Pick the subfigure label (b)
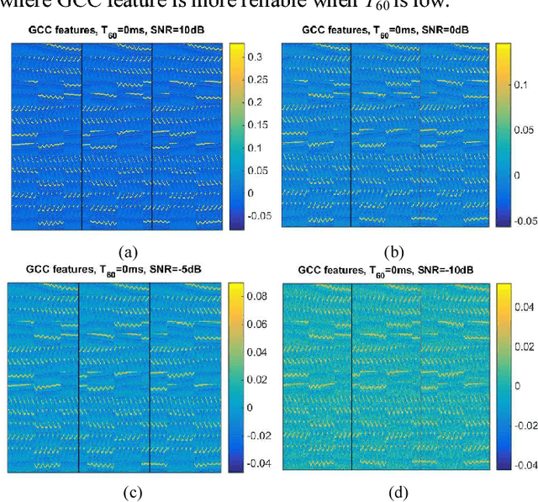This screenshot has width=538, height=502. pyautogui.click(x=393, y=250)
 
